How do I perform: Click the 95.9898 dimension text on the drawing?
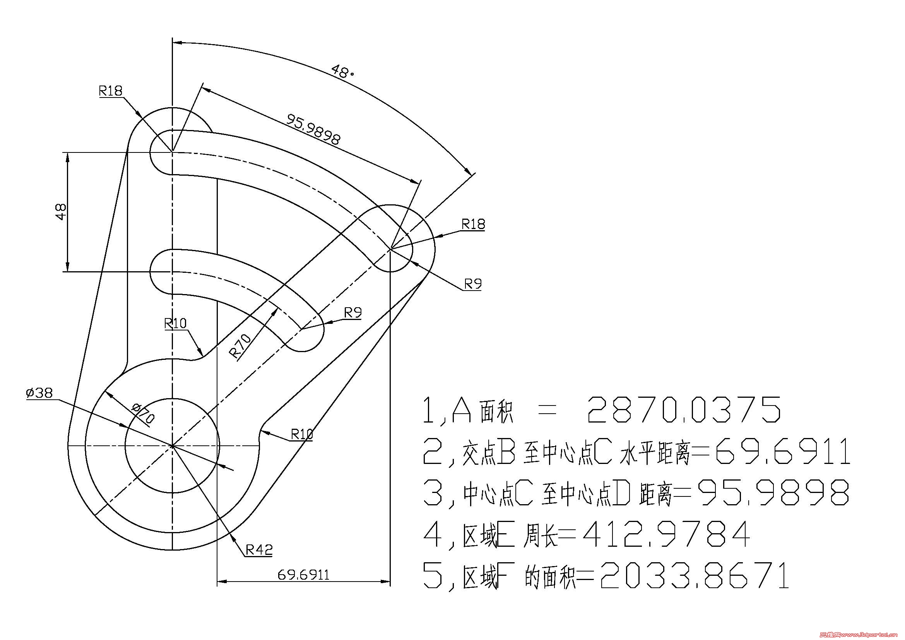313,129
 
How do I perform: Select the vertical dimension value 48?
61,212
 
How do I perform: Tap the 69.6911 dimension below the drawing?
303,575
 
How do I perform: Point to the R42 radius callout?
259,549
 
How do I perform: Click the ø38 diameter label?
39,393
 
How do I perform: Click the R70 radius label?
240,346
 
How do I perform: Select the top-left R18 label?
111,91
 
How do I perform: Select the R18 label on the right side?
473,224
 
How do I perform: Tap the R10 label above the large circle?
175,323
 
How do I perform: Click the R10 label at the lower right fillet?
301,434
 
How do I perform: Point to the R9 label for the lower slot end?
353,313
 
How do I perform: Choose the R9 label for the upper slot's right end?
472,284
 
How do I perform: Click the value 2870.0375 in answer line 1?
683,410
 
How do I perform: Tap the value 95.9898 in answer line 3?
773,493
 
